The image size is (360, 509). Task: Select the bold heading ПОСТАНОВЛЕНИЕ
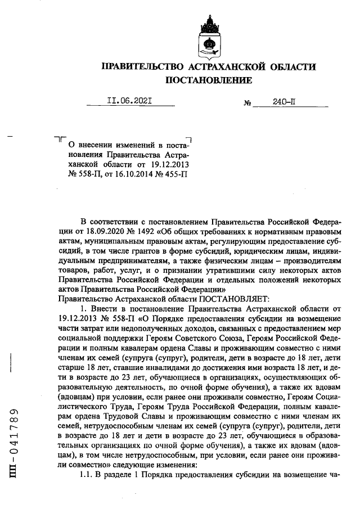pos(208,80)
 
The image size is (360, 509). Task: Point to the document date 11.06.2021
pos(130,102)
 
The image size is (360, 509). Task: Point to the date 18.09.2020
pos(98,231)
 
